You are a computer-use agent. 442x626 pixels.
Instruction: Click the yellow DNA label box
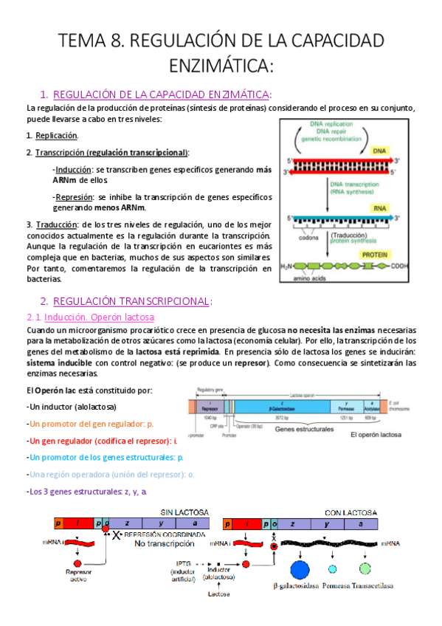(x=379, y=151)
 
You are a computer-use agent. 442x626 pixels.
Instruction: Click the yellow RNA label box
(x=379, y=209)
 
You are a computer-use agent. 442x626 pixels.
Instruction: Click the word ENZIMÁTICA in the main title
(x=221, y=66)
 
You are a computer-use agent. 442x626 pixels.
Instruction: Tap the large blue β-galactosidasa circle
(x=300, y=569)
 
